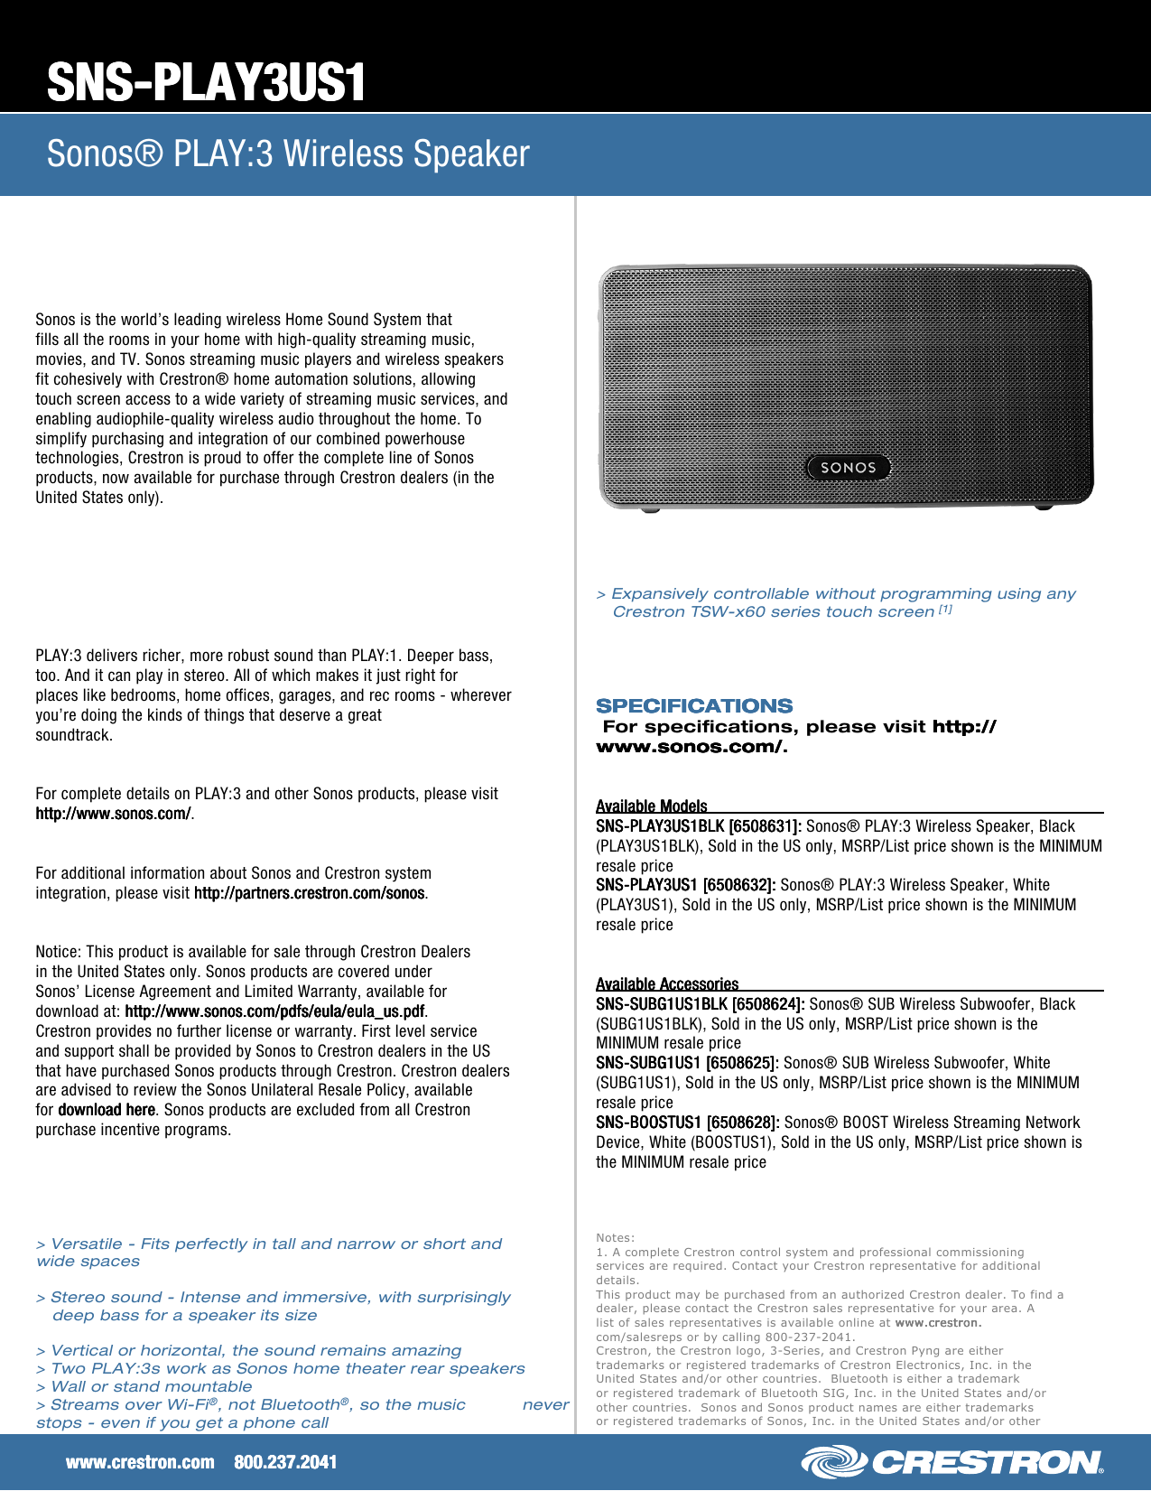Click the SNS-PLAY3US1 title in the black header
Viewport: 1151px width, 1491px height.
coord(207,82)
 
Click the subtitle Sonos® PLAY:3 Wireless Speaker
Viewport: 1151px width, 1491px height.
coord(288,154)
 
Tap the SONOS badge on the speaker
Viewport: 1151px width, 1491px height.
coord(848,468)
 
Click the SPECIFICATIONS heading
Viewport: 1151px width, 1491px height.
coord(694,706)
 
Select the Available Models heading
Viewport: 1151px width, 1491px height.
coord(651,806)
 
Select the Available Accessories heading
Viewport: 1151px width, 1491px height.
coord(667,983)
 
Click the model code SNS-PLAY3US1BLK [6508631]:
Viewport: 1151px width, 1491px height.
coord(698,826)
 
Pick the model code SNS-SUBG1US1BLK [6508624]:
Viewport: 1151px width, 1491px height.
coord(700,1004)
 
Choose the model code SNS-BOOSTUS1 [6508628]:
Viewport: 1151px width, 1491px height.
coord(687,1123)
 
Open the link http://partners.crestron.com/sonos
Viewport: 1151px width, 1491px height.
coord(309,893)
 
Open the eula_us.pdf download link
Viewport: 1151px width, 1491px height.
coord(274,1011)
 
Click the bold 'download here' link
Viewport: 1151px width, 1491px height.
coord(107,1110)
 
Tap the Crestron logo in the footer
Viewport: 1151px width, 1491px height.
coord(952,1462)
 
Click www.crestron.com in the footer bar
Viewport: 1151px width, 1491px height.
coord(140,1462)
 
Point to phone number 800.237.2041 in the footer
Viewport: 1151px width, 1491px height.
coord(285,1462)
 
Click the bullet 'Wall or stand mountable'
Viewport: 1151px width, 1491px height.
coord(151,1387)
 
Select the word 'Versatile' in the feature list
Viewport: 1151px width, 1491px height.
coord(86,1244)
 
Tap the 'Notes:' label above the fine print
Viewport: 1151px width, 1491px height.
coord(615,1238)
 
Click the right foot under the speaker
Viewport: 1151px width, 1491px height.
coord(1044,507)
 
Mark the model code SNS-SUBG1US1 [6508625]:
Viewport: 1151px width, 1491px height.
coord(687,1063)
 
